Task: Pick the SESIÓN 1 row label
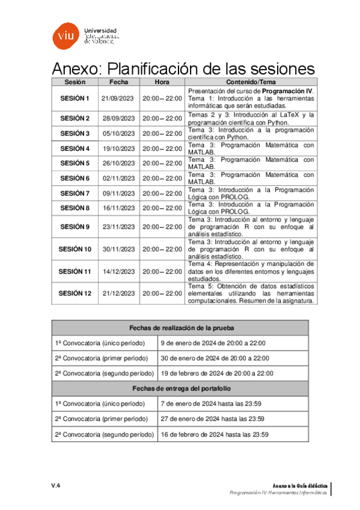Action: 75,99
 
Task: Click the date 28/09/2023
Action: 118,118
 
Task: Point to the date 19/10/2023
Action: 118,149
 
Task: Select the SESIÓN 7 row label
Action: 75,193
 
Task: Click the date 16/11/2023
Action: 118,208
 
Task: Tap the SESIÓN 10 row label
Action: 75,249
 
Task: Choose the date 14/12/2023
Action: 118,271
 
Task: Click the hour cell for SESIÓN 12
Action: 162,293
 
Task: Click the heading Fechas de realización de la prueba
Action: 180,328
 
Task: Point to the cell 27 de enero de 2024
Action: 215,419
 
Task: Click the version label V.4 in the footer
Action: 55,485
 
